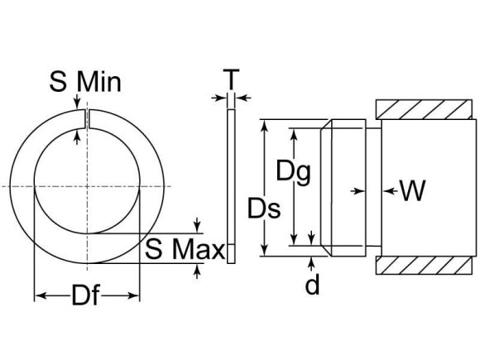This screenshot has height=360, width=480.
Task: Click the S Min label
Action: coord(85,82)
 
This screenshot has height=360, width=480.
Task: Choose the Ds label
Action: coord(265,208)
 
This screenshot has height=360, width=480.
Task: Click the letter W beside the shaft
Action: coord(413,191)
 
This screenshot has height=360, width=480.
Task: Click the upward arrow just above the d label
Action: coord(313,262)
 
